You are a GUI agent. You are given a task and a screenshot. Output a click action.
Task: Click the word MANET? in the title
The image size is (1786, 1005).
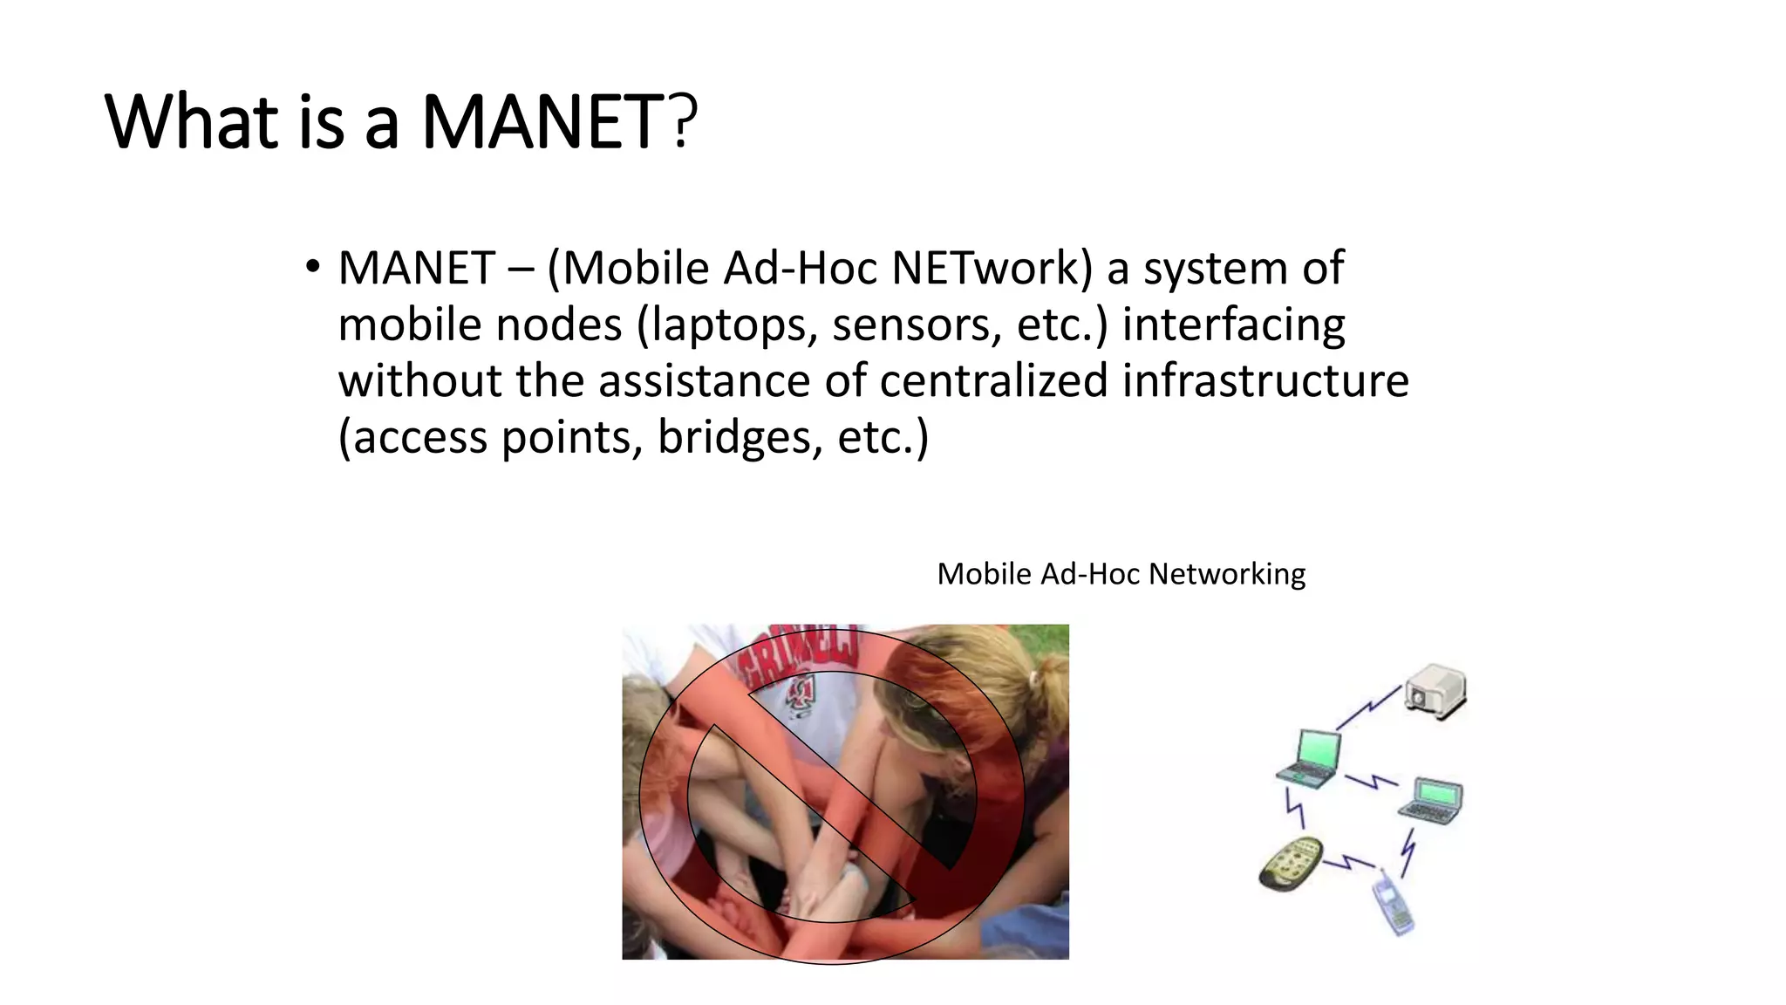559,121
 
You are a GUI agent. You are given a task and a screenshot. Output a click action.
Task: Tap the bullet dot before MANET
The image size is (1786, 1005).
312,267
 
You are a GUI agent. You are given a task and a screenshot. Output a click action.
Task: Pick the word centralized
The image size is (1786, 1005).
994,381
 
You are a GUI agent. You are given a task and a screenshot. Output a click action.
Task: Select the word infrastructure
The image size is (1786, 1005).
1265,381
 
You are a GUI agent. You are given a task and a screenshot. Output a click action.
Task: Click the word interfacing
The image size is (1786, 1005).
1233,325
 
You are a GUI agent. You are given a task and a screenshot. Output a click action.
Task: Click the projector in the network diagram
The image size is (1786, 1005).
1435,692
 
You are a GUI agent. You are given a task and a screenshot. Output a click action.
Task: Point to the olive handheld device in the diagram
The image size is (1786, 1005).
1291,863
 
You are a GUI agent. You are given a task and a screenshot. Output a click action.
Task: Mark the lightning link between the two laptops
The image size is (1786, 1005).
1371,780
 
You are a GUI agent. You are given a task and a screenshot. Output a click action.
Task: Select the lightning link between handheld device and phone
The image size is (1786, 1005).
1348,863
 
